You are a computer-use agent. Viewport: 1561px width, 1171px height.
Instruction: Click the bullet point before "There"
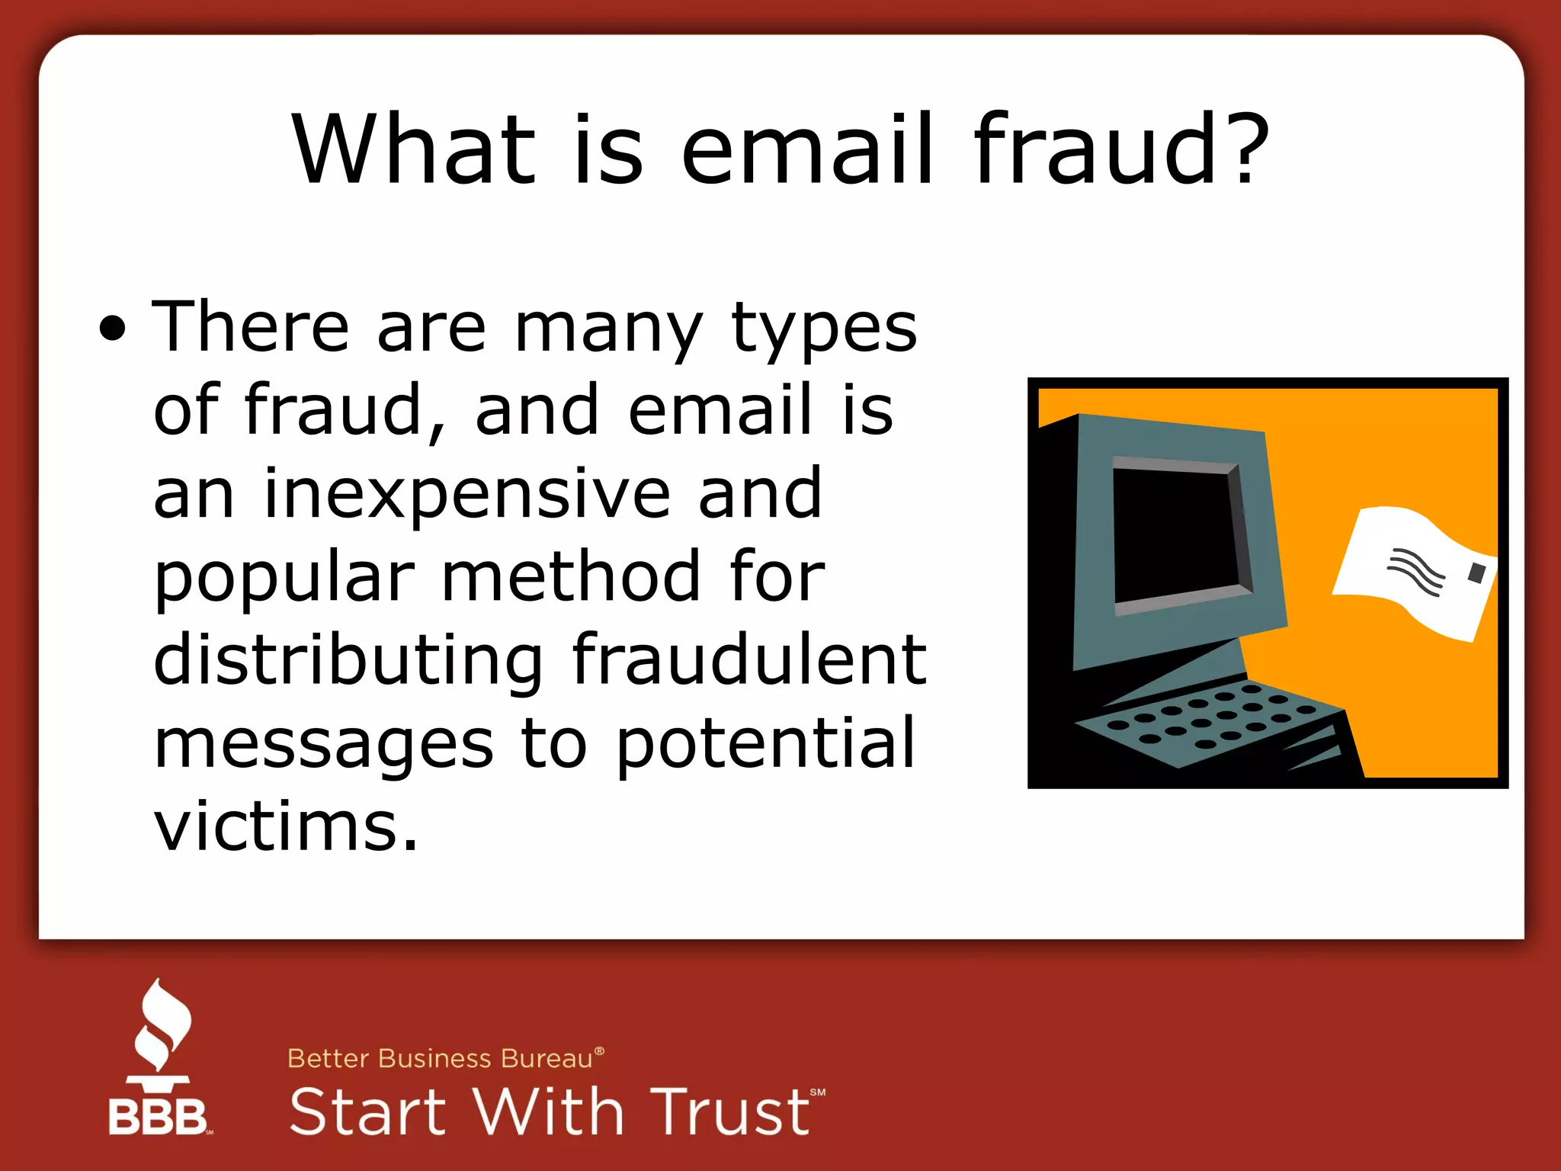point(112,329)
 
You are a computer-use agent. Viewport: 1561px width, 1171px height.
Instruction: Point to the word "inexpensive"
point(466,494)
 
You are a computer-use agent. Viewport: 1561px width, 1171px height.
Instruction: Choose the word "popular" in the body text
point(284,578)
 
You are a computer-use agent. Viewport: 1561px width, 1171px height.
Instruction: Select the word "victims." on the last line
point(286,826)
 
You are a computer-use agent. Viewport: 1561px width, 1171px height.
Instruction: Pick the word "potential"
point(764,743)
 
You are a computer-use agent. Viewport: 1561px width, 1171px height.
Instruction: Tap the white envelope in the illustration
point(1410,572)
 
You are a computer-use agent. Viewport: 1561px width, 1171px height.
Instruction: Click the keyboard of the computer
point(1212,720)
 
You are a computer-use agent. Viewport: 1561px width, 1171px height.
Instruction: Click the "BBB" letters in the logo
point(158,1117)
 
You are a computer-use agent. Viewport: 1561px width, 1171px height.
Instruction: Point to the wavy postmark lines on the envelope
point(1416,572)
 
